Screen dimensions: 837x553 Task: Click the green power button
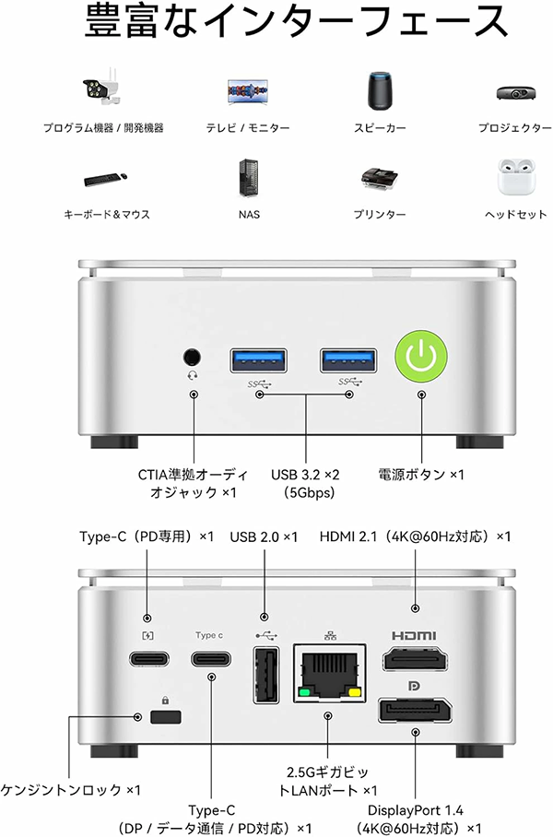point(420,357)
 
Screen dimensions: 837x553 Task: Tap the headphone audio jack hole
point(193,355)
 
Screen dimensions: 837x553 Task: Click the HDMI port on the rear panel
point(414,662)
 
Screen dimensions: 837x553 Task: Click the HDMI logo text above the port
point(414,635)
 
